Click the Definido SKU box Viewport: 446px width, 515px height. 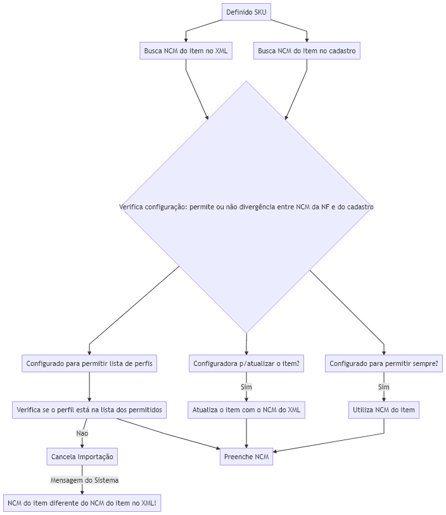coord(246,12)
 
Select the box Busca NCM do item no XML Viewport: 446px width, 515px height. coord(186,51)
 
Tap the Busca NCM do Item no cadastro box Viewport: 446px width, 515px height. coord(307,51)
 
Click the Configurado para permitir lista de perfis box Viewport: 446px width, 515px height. coord(89,363)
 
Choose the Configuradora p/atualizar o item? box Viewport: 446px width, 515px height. coord(246,363)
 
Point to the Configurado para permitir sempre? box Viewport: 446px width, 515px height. coord(384,363)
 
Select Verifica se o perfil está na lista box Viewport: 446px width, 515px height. coord(89,410)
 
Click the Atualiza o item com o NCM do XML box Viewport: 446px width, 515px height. coord(246,410)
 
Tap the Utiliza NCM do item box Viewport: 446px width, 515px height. coord(384,410)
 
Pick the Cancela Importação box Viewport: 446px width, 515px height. coord(82,457)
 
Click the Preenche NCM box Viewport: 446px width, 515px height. coord(246,457)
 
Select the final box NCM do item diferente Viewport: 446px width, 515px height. coord(82,503)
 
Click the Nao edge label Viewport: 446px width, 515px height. coord(82,433)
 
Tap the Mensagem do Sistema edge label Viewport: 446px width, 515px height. coord(84,480)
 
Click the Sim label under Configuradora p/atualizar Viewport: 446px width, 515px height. coord(246,387)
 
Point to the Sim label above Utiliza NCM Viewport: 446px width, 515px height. coord(384,387)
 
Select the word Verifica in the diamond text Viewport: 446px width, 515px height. coord(131,207)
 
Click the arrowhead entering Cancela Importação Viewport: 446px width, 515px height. coord(82,446)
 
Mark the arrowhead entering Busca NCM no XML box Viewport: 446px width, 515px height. coord(186,40)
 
